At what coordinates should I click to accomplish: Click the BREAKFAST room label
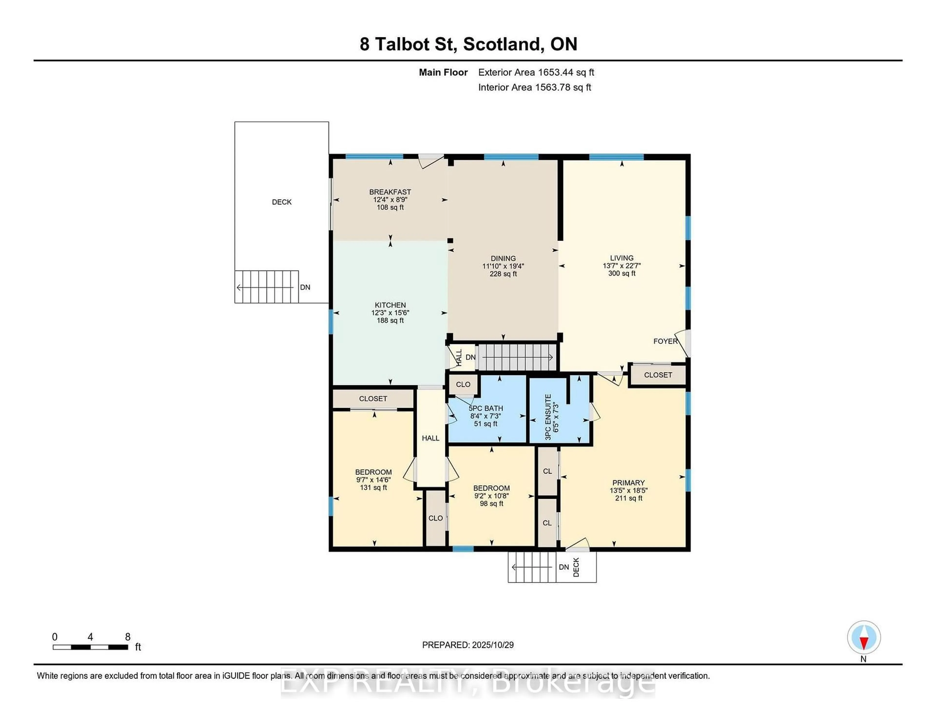click(390, 192)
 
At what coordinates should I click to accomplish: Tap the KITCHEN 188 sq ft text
click(390, 320)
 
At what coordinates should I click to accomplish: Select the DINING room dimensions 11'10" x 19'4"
click(503, 266)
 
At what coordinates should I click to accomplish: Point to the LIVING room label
click(621, 258)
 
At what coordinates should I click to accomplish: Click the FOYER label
click(665, 341)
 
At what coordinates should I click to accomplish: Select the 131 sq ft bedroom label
click(373, 487)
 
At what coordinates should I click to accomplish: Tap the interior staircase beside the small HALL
click(517, 357)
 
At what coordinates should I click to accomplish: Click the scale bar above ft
click(90, 647)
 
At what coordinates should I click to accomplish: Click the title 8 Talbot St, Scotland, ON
click(468, 44)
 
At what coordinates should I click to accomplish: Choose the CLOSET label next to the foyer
click(658, 375)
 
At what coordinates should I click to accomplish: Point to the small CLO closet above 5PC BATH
click(463, 384)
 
